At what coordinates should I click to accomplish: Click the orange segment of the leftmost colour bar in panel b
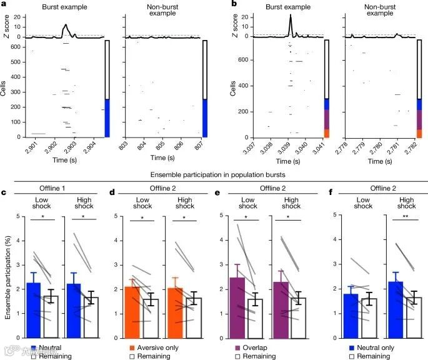pyautogui.click(x=326, y=133)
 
